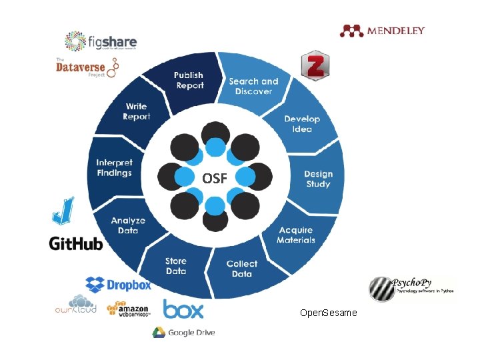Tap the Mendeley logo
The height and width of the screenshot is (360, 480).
[x=382, y=30]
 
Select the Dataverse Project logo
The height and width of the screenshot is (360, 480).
[x=87, y=67]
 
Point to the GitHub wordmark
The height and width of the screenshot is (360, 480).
[x=76, y=243]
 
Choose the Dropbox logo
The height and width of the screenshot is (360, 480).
[x=118, y=285]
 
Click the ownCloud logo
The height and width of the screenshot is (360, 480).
[x=76, y=305]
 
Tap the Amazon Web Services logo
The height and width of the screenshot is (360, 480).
[x=131, y=309]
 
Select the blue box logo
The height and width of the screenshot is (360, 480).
[x=183, y=309]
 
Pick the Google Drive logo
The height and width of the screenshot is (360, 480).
[x=183, y=332]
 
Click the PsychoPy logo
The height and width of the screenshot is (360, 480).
[x=411, y=287]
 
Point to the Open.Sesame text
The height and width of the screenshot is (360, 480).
[x=329, y=313]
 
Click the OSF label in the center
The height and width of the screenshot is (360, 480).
[x=215, y=178]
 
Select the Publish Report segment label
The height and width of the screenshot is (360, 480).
[x=189, y=81]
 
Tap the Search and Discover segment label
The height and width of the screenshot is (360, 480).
[x=253, y=86]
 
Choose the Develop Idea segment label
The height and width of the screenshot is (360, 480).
[x=302, y=124]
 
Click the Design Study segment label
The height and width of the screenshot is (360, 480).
[x=318, y=179]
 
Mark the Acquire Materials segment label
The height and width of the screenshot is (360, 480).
[x=296, y=235]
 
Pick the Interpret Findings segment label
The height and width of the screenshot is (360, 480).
[x=114, y=167]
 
